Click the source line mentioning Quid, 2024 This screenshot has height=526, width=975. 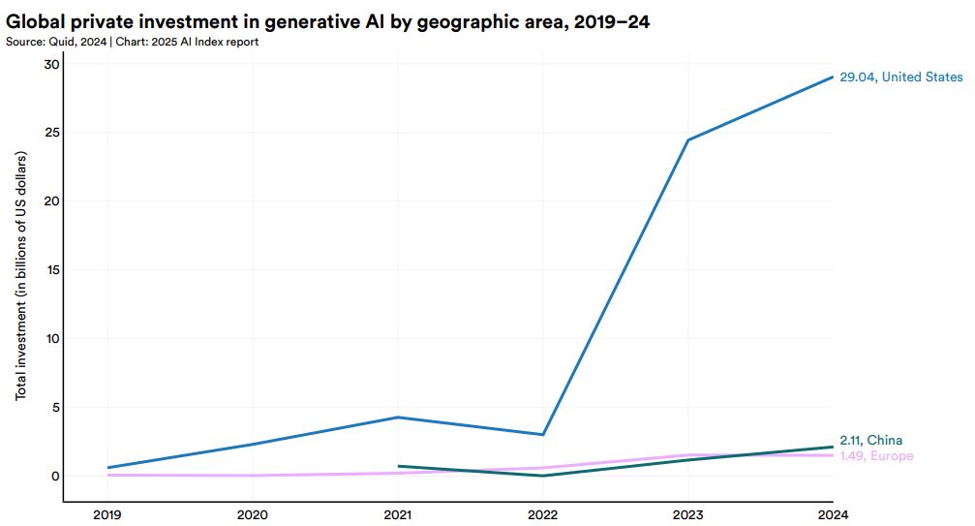[x=132, y=42]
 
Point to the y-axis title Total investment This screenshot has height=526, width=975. [x=21, y=277]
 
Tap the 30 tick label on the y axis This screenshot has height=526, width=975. [x=51, y=64]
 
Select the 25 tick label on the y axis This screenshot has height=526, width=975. [x=51, y=133]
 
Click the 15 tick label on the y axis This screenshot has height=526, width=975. [x=52, y=269]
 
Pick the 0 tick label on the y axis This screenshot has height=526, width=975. [x=56, y=476]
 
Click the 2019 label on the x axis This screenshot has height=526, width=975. [x=108, y=514]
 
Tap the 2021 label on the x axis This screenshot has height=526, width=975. [x=398, y=514]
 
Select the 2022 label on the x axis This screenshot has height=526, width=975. [x=543, y=514]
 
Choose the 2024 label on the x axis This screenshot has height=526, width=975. [x=833, y=514]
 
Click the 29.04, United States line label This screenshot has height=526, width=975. [x=900, y=77]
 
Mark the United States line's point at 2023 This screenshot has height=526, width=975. [x=687, y=140]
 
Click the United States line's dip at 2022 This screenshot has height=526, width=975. [x=543, y=434]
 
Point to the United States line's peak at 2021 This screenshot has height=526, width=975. [x=398, y=418]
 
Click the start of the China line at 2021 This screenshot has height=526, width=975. [x=398, y=466]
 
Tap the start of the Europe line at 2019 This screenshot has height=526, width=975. [x=108, y=475]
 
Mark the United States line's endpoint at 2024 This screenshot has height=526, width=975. [x=833, y=77]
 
